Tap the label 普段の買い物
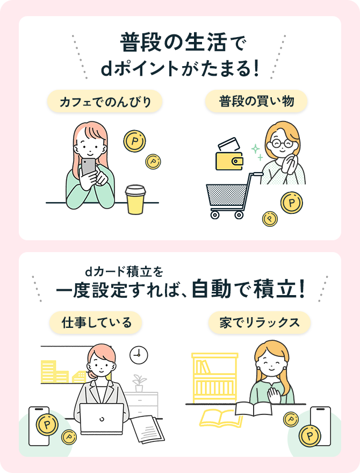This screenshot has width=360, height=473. tap(256, 101)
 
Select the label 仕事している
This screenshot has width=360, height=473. tap(96, 322)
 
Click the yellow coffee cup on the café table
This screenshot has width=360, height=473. tap(135, 199)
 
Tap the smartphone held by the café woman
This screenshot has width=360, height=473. tap(88, 167)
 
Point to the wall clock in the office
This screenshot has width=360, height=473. tap(139, 354)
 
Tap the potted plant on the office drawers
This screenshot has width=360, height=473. tap(140, 382)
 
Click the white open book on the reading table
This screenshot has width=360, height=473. tap(253, 409)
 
